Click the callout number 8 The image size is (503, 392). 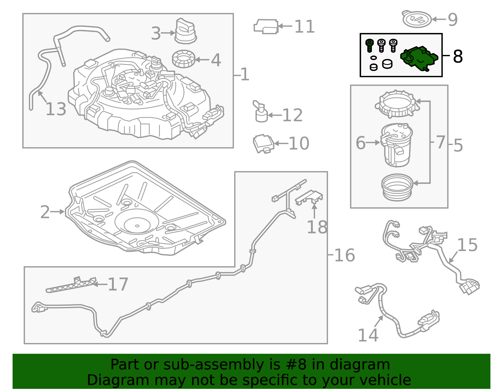(458, 56)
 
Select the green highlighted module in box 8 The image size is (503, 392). (419, 59)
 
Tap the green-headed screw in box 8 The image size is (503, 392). (369, 46)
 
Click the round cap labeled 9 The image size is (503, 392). (417, 19)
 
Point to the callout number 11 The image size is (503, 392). (304, 27)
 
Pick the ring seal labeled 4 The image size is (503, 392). (184, 59)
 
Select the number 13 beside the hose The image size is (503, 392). (56, 109)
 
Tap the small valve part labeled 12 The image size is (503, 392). (260, 111)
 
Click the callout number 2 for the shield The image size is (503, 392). (45, 212)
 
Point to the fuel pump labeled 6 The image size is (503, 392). (396, 145)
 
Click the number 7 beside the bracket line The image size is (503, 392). (440, 142)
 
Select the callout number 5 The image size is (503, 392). (458, 145)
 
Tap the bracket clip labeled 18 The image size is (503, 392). (309, 198)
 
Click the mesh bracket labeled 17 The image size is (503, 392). (71, 285)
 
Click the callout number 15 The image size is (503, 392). (467, 245)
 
